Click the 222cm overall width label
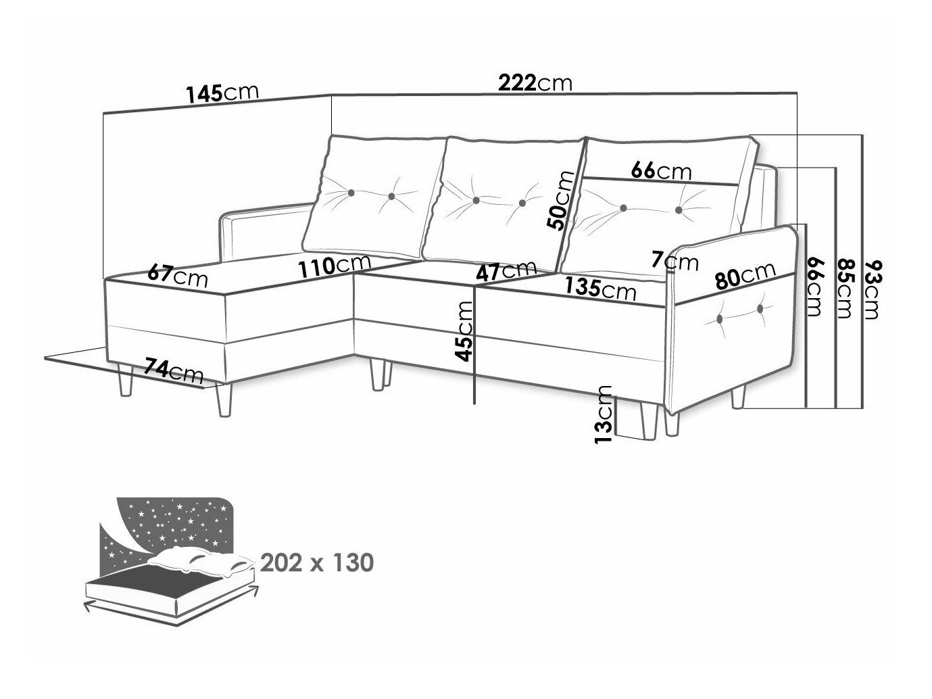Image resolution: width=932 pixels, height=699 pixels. [x=535, y=82]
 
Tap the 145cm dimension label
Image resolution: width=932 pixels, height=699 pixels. [x=222, y=93]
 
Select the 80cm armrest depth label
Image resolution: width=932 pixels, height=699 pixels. [x=745, y=274]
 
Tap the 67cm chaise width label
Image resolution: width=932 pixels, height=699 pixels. [x=178, y=276]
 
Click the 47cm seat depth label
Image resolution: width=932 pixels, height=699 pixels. [x=506, y=270]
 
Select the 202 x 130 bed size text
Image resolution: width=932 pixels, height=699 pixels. [x=317, y=562]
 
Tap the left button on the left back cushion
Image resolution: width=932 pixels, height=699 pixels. [x=351, y=193]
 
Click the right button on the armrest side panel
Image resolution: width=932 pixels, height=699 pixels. [x=760, y=309]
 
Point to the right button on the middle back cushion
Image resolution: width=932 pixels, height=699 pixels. [x=522, y=203]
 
